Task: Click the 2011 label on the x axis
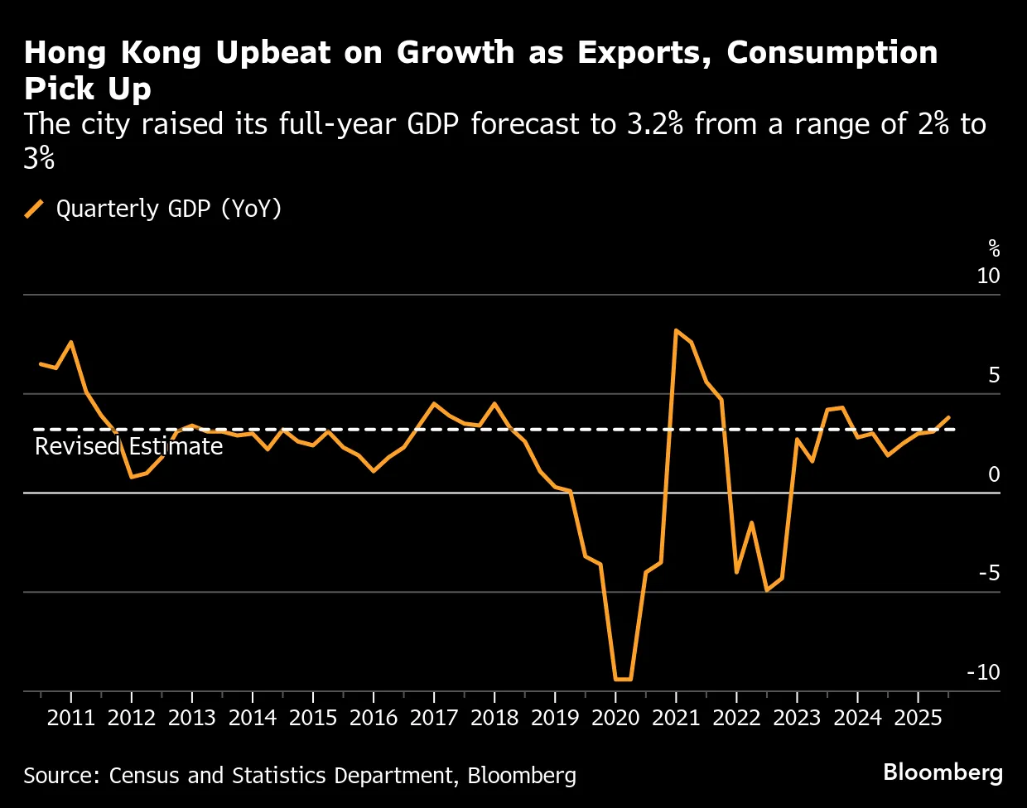(71, 717)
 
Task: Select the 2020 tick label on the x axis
(615, 717)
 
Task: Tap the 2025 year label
(918, 717)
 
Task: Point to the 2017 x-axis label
(434, 717)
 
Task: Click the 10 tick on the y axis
(988, 276)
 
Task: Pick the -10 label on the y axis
(983, 672)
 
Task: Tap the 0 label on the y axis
(994, 474)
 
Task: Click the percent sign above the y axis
(994, 248)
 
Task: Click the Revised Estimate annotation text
(129, 447)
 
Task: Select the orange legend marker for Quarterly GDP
(35, 209)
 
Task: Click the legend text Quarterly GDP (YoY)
(169, 209)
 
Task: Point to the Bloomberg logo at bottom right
(943, 772)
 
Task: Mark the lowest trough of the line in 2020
(623, 680)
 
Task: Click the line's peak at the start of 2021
(677, 330)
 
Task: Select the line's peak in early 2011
(71, 342)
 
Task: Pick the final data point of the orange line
(948, 417)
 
